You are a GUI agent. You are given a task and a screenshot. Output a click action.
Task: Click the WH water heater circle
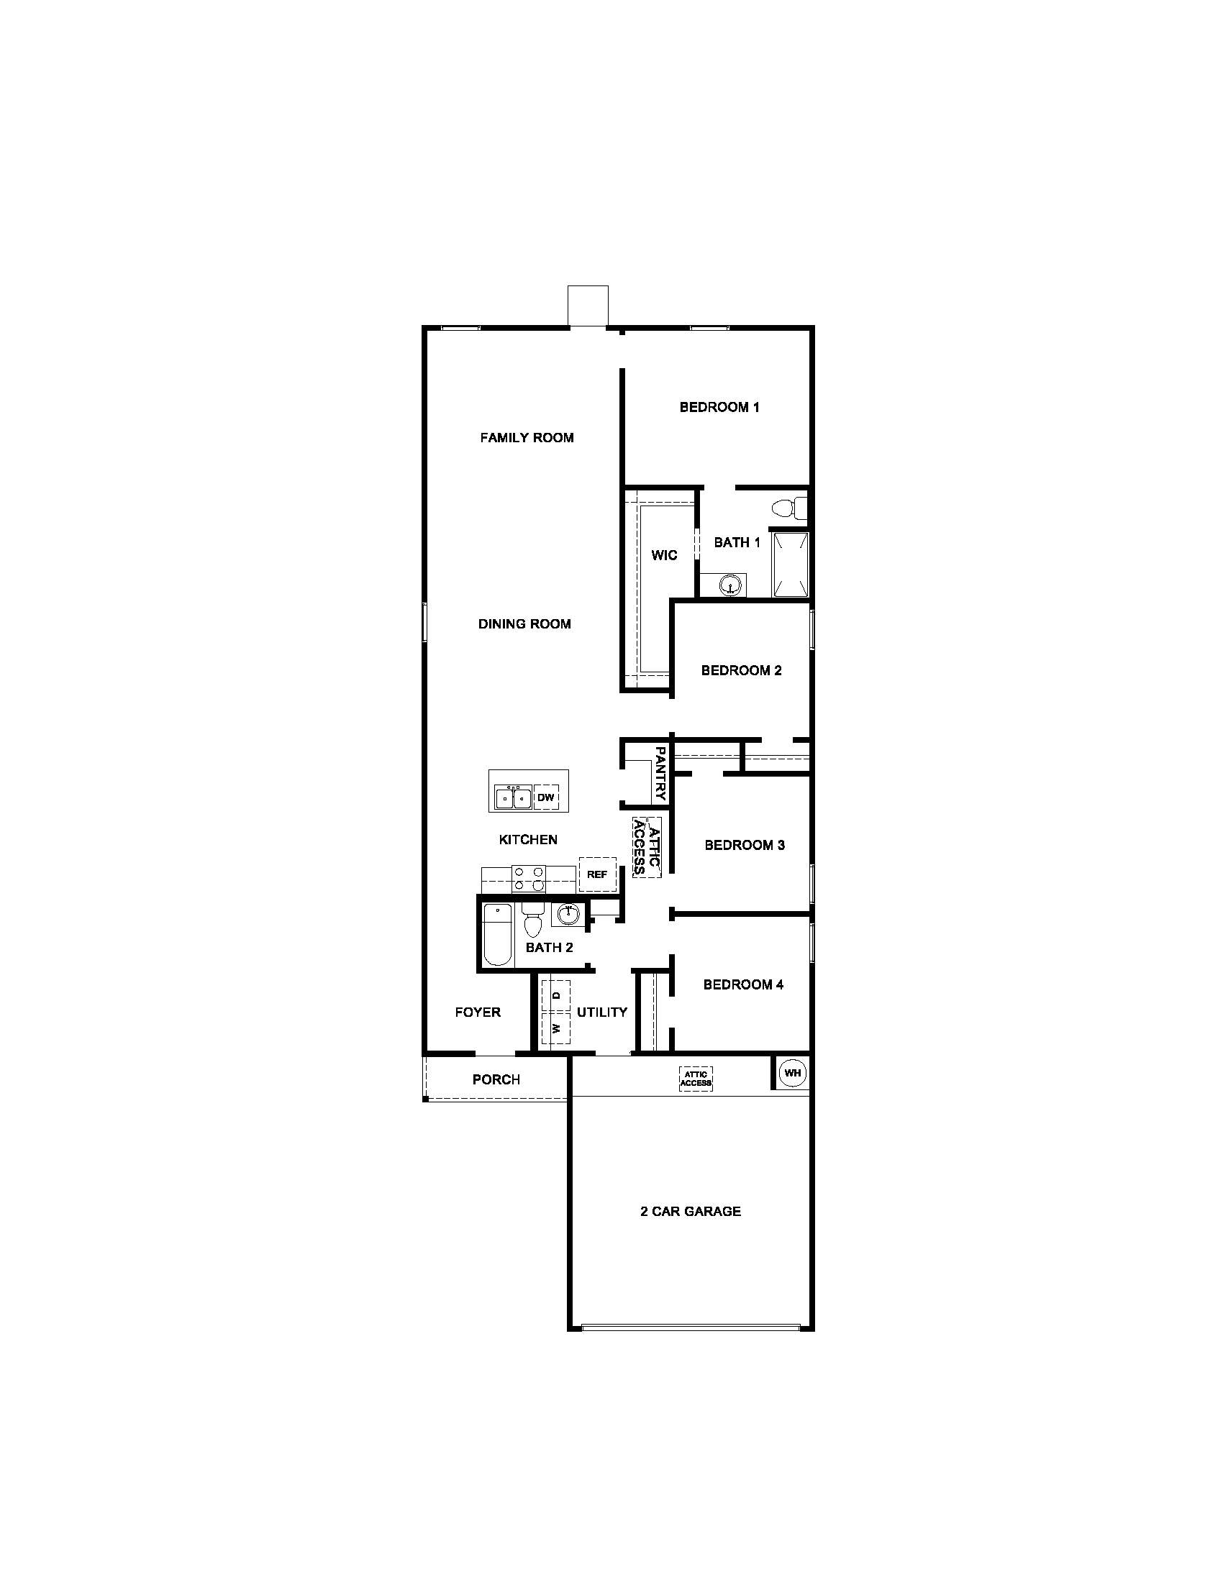point(792,1073)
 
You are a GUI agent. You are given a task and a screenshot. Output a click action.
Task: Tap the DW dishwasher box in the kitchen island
point(545,797)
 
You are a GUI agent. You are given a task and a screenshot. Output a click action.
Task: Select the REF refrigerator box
point(597,874)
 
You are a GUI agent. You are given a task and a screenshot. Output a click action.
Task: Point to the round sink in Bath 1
point(732,584)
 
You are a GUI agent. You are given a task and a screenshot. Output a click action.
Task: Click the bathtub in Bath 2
point(498,934)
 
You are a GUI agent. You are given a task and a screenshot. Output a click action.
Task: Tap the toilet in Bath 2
point(532,920)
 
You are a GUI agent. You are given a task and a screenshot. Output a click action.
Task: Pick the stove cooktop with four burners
point(529,879)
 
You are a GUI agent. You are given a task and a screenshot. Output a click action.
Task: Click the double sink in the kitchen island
point(513,797)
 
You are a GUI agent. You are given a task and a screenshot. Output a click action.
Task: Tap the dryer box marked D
point(555,995)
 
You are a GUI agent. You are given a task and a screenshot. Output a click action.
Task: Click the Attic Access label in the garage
point(696,1079)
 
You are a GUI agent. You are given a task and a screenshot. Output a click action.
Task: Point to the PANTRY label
point(660,774)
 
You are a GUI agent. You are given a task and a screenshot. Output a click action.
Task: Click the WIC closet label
point(664,555)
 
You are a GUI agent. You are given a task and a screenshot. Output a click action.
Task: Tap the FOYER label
point(478,1012)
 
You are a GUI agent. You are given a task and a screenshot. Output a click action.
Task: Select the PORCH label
point(496,1079)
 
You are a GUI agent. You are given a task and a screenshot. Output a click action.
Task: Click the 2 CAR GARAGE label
point(691,1211)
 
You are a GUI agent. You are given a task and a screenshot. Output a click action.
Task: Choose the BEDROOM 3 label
point(744,845)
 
